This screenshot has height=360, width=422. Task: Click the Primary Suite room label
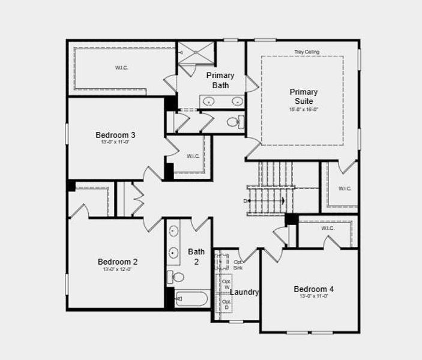[303, 97]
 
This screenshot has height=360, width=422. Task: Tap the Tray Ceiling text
[306, 52]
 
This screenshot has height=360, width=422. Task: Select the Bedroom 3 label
[115, 135]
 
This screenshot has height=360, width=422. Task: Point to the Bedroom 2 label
[118, 262]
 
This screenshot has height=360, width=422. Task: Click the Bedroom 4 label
[313, 289]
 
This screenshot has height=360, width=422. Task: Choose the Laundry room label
[244, 292]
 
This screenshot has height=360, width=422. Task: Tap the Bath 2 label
[196, 256]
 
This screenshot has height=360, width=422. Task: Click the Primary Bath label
[220, 80]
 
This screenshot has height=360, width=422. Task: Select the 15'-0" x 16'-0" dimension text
[303, 110]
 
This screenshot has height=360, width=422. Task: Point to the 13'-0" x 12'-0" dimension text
[118, 270]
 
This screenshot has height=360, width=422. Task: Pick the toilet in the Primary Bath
[234, 122]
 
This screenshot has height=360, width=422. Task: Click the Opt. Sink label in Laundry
[238, 265]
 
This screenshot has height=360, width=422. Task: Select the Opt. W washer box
[226, 284]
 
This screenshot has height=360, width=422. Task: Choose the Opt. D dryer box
[226, 304]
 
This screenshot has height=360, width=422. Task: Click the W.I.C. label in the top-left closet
[122, 68]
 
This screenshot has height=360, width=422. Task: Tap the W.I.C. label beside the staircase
[345, 189]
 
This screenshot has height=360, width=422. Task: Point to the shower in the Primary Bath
[196, 53]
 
